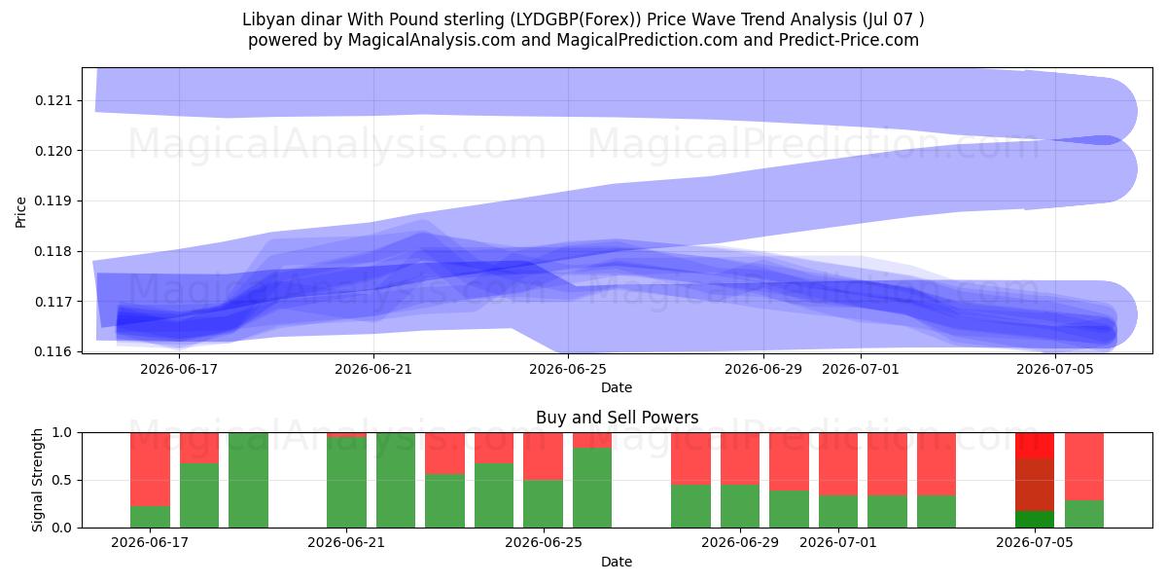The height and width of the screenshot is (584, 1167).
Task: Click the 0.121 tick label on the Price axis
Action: point(53,100)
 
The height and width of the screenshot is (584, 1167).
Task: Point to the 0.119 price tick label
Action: point(53,201)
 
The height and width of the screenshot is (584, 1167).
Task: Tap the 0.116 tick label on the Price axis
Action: point(53,352)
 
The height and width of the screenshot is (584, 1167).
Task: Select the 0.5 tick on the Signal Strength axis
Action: point(62,480)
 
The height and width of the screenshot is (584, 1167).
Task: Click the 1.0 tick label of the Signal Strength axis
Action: point(62,433)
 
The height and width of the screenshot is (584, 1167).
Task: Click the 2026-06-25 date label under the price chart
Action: point(568,369)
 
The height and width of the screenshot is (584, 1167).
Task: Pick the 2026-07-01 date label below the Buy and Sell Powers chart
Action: point(838,543)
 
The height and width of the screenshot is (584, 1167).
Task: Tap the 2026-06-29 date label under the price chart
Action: point(763,369)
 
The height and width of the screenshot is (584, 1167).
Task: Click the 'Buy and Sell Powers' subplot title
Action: point(617,418)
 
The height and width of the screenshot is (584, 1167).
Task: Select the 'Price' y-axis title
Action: point(20,212)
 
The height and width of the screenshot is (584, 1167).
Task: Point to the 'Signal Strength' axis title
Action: point(37,480)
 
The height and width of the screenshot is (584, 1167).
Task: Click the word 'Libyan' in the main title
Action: point(265,19)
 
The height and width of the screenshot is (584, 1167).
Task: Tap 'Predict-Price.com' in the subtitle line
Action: point(849,40)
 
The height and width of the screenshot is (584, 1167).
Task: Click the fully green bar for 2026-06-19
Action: point(249,480)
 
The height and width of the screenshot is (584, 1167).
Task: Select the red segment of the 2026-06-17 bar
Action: point(150,469)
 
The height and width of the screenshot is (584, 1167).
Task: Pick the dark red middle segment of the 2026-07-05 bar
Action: point(1035,485)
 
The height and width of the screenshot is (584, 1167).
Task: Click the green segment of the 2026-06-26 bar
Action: point(592,488)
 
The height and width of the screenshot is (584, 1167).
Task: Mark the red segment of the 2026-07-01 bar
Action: point(838,464)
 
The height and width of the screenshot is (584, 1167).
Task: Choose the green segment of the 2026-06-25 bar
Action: point(544,504)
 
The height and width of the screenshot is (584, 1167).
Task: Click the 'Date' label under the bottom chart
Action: point(617,563)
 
